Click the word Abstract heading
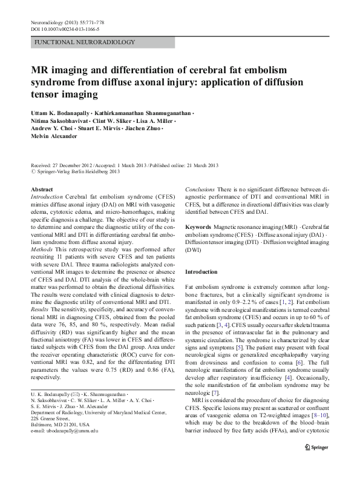click(x=41, y=190)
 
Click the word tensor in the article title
click(x=44, y=94)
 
